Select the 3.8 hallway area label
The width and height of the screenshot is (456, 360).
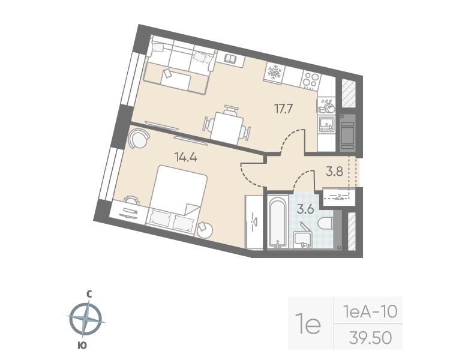point(334,171)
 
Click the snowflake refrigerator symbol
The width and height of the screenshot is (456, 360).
point(274,72)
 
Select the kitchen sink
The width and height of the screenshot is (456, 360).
point(326,125)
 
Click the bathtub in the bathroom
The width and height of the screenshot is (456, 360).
point(277,222)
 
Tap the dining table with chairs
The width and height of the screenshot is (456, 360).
point(228,125)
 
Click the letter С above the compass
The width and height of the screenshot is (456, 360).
point(88,294)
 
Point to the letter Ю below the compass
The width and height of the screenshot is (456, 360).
point(80,345)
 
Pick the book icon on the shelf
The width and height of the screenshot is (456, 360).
point(230,58)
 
